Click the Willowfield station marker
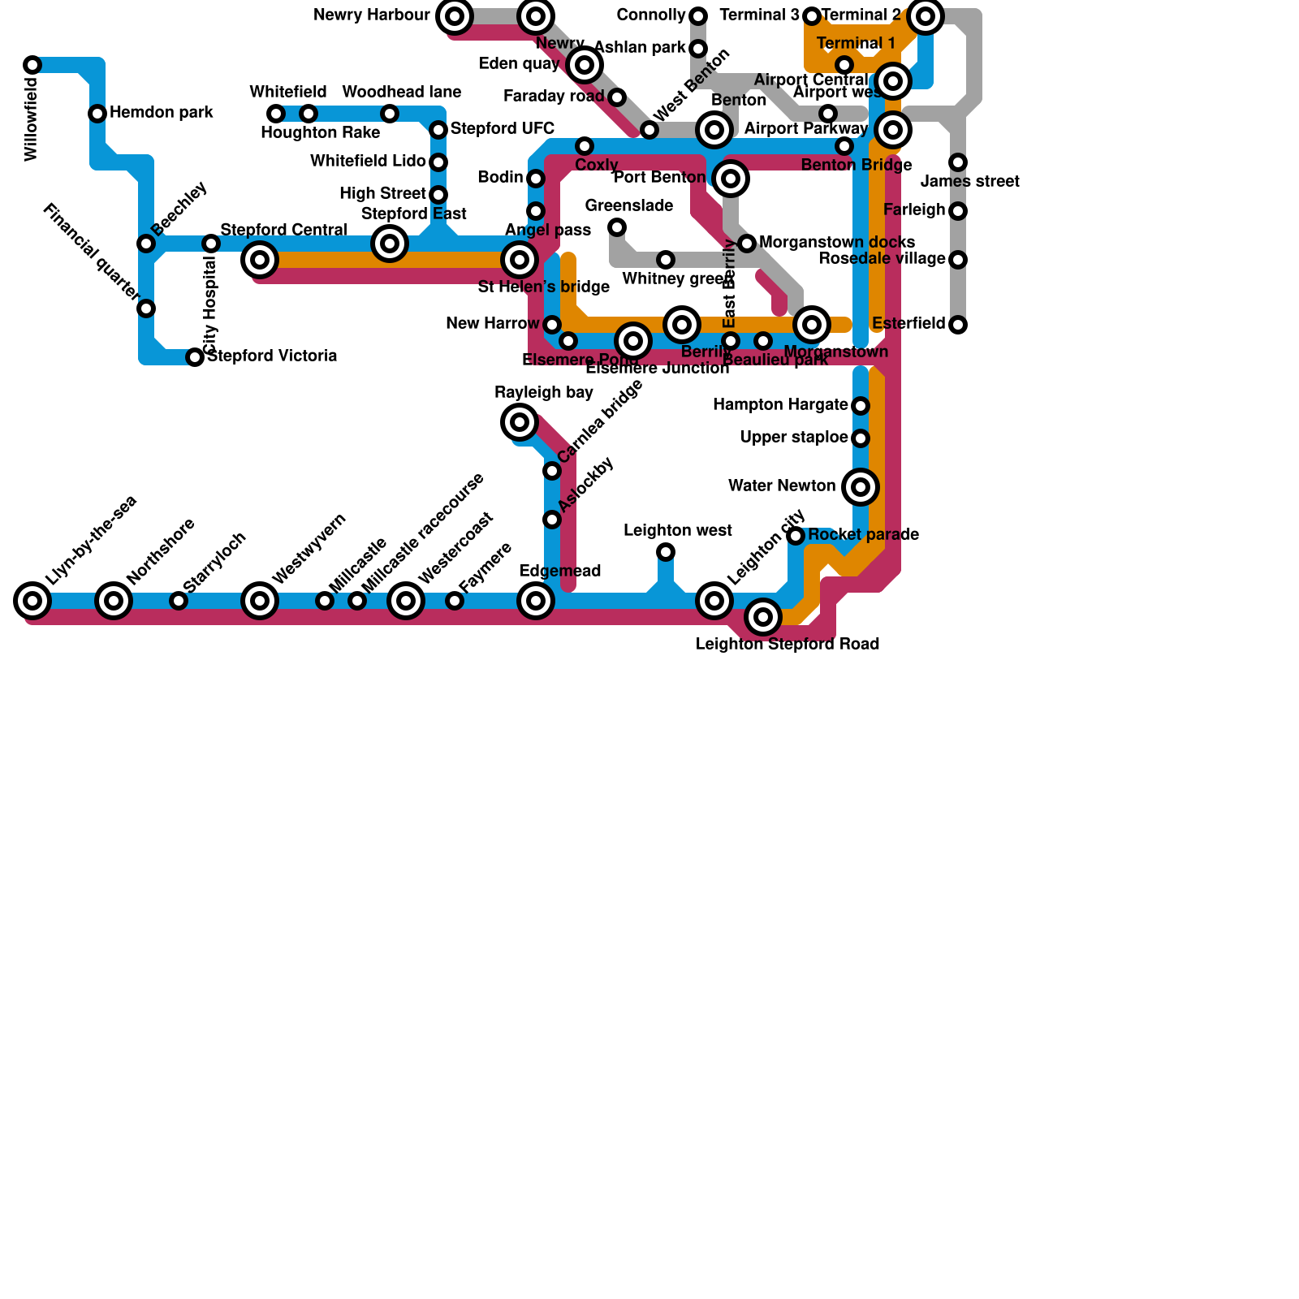click(x=32, y=65)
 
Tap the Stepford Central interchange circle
click(x=260, y=260)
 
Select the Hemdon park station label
click(x=161, y=112)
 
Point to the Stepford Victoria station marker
click(x=195, y=357)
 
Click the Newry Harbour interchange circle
click(x=455, y=16)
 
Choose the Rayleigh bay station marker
click(x=520, y=422)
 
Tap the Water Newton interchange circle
click(x=861, y=487)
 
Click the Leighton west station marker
click(x=666, y=552)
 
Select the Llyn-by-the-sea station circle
click(x=32, y=601)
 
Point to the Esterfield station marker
click(x=958, y=325)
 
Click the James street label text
click(x=970, y=181)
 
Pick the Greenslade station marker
click(x=617, y=227)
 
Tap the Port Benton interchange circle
click(x=731, y=179)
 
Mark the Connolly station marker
click(x=698, y=16)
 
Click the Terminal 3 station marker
click(x=812, y=16)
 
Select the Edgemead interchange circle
click(x=536, y=601)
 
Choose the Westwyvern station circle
click(x=260, y=601)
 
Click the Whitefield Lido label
click(x=368, y=162)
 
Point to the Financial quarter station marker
click(x=146, y=309)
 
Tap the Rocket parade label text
click(x=863, y=534)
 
